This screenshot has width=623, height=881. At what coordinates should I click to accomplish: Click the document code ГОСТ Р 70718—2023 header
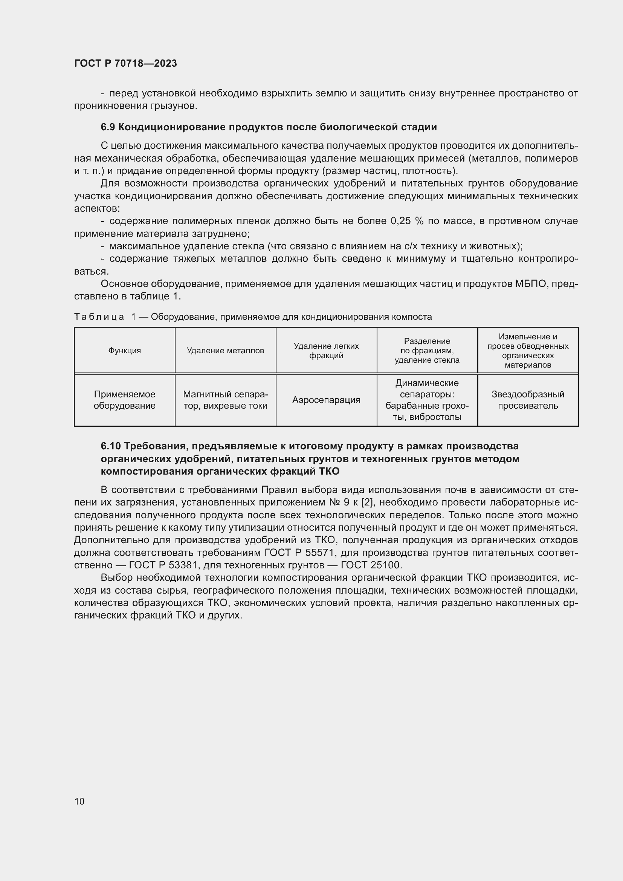(x=125, y=63)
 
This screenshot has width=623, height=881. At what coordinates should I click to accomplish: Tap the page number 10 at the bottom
(x=79, y=801)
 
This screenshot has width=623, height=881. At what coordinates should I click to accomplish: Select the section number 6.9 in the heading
(x=108, y=127)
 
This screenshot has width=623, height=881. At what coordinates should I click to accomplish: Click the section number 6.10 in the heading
(x=111, y=446)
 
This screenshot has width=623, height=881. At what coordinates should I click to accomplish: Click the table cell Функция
(x=124, y=350)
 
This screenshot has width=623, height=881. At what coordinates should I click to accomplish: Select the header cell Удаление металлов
(x=225, y=350)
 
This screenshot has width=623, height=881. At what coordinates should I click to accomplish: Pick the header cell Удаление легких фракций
(x=326, y=350)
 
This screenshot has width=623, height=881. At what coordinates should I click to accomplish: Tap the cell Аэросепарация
(x=326, y=400)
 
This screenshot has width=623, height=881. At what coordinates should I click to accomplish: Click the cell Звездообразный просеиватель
(x=528, y=400)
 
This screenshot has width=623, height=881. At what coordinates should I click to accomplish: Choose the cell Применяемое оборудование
(x=124, y=400)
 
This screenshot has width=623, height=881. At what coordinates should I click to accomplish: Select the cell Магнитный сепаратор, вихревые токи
(x=225, y=400)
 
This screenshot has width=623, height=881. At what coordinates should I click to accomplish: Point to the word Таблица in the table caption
(x=99, y=316)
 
